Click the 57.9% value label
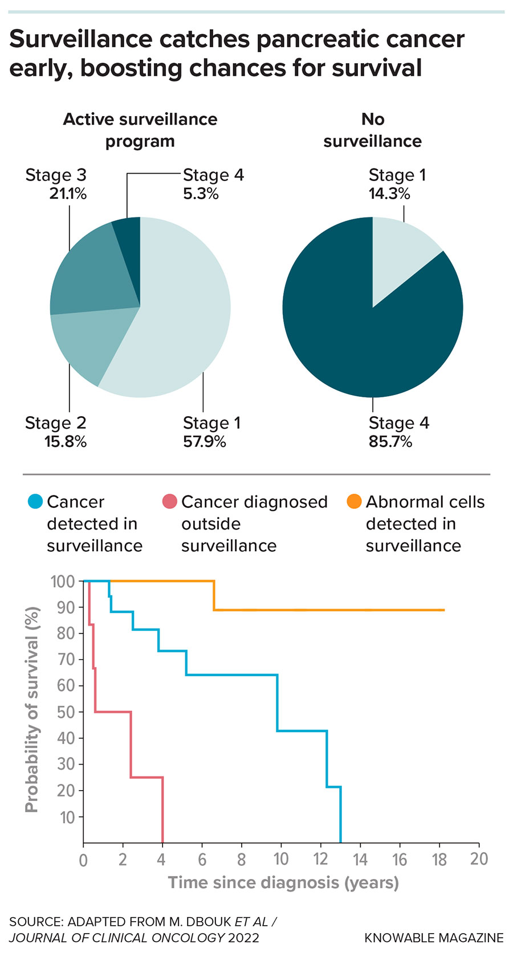(x=204, y=442)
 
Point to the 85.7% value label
(x=390, y=442)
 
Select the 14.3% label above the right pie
(x=389, y=194)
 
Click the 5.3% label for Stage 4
(x=201, y=194)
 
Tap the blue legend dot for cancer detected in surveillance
(x=35, y=502)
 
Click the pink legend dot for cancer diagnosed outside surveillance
(x=170, y=502)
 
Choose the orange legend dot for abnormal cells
(x=355, y=502)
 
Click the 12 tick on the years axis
(x=321, y=858)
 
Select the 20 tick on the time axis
(x=479, y=858)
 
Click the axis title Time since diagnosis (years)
(x=283, y=883)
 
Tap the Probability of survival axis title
(x=32, y=709)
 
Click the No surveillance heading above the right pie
(x=372, y=130)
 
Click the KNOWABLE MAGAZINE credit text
(x=434, y=938)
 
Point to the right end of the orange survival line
(x=443, y=610)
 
